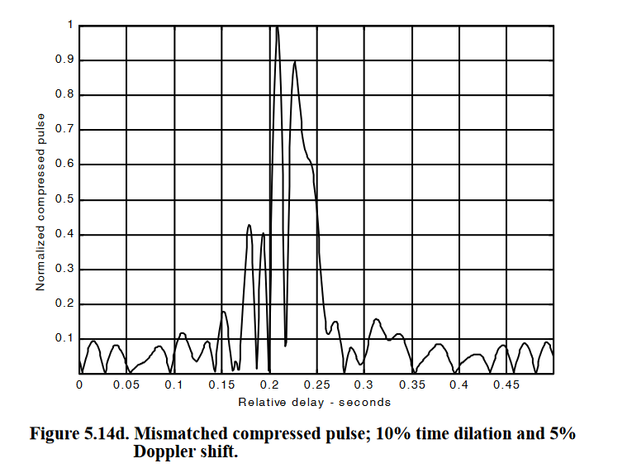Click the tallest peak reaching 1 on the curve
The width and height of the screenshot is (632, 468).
pos(278,27)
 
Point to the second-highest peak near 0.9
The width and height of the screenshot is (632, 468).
pos(294,62)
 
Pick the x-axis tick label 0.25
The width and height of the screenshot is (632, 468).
pos(316,385)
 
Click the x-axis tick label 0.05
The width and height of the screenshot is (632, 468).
pos(126,385)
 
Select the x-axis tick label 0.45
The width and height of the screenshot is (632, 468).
pos(506,385)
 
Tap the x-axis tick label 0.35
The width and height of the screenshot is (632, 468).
pos(411,385)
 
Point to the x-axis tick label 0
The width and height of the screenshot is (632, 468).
pos(79,385)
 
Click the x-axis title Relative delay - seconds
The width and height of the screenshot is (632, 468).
pos(315,403)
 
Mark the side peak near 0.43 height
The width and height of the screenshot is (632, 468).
pos(249,225)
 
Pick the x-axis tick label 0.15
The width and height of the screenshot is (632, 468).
pos(221,385)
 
